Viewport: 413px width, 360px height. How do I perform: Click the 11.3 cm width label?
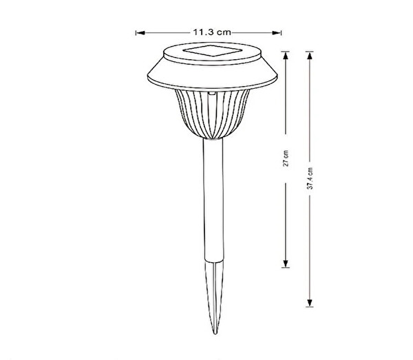point(212,32)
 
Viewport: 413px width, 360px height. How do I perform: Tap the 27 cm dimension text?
point(286,158)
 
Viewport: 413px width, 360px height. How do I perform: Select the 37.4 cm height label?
point(310,178)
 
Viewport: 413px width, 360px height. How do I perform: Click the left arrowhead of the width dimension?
point(141,33)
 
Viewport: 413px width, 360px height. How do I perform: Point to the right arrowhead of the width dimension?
point(276,33)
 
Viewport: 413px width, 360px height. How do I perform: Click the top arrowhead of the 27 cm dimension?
point(286,56)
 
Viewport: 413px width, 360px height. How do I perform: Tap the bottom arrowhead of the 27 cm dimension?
point(286,264)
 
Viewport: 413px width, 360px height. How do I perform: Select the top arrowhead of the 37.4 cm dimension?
point(310,56)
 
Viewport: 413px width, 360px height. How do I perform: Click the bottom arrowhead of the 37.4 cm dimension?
point(310,303)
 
